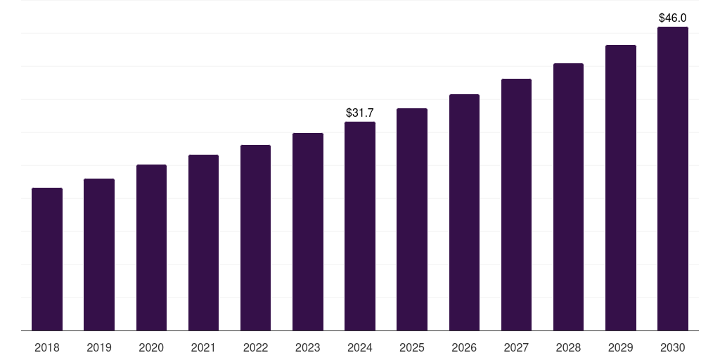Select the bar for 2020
151,247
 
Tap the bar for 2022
255,238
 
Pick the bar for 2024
360,226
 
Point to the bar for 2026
464,212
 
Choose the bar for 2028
568,197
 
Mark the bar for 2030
673,179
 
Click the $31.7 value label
360,112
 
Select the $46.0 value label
673,18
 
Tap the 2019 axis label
99,347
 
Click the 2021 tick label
203,347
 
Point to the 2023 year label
307,347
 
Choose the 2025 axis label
412,347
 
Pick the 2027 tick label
516,347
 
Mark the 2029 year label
620,347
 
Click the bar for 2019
99,255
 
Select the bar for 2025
412,219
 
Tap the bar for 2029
620,188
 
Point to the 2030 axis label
673,347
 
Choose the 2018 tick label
47,347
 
